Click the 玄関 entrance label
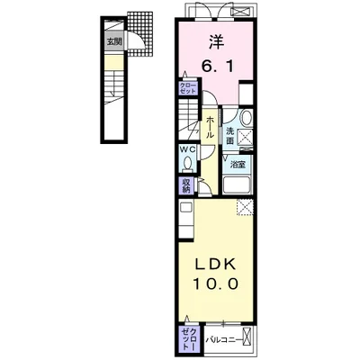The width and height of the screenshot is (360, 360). (x=114, y=41)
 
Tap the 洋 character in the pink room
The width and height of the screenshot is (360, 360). (x=217, y=42)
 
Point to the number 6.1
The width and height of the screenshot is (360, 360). (x=217, y=67)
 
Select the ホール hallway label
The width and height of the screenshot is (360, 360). (x=210, y=127)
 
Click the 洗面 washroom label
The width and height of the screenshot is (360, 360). (x=229, y=136)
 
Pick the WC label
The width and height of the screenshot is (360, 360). (x=187, y=149)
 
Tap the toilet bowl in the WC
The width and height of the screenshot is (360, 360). (x=188, y=164)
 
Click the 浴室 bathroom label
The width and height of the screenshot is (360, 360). (x=238, y=165)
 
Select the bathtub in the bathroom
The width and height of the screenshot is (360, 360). (x=237, y=185)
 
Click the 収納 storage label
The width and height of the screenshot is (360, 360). (x=186, y=185)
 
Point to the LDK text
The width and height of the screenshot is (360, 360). (x=215, y=265)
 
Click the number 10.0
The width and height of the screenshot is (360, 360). (x=216, y=283)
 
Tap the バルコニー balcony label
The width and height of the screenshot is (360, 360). (x=223, y=340)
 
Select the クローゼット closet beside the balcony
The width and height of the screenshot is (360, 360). (x=189, y=341)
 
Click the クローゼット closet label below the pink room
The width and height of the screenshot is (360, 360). (x=188, y=88)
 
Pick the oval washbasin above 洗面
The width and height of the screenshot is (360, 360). (x=247, y=118)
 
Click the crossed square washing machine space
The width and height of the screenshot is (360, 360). (x=246, y=138)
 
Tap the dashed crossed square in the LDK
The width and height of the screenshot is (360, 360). (x=245, y=207)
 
